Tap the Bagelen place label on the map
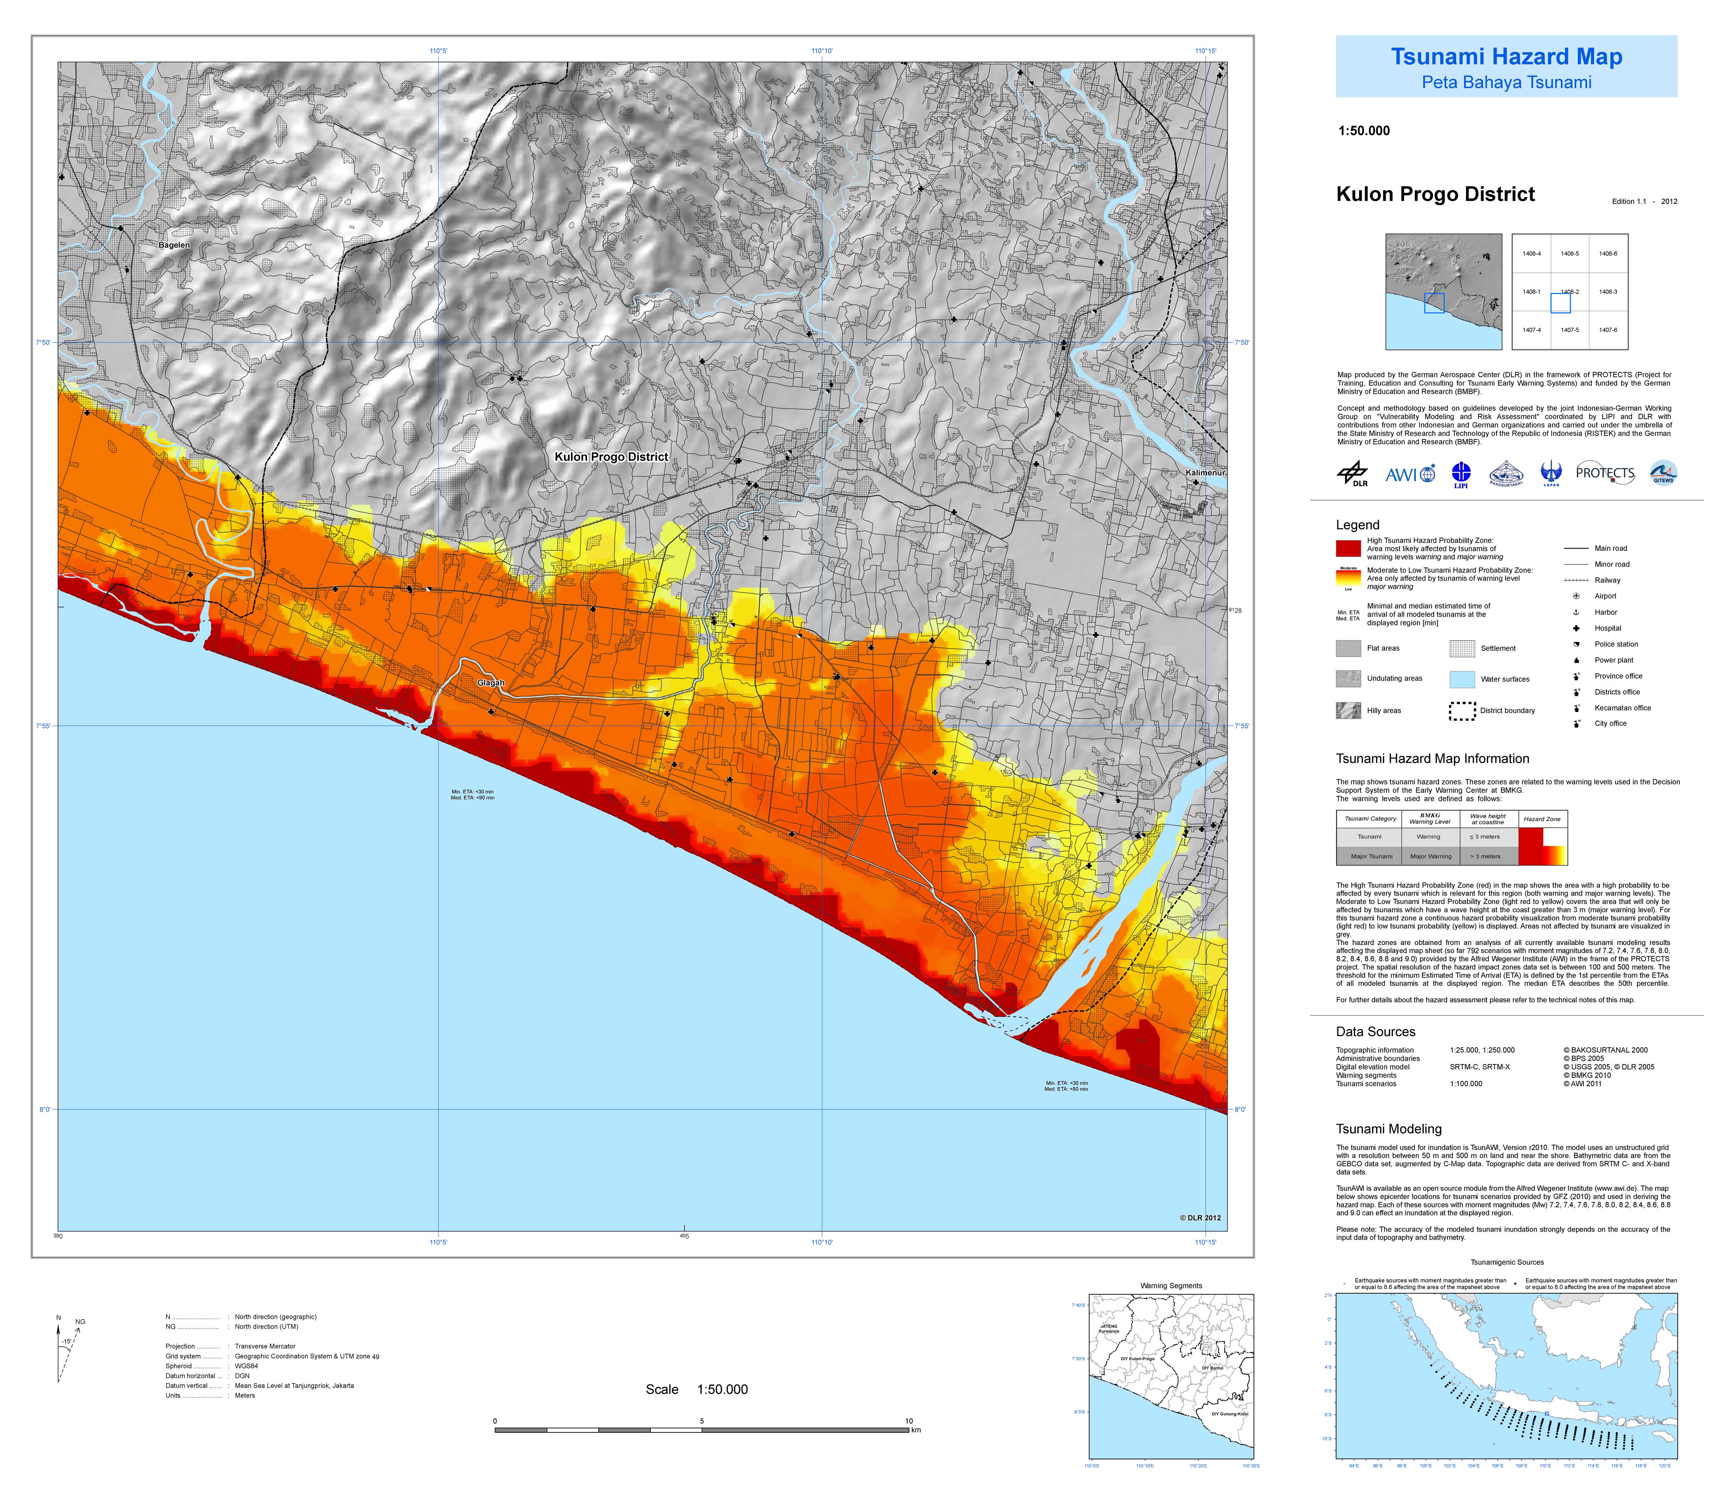174,245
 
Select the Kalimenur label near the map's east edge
1205,473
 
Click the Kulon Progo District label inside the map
611,457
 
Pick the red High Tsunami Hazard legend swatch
1348,548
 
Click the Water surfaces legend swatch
1462,679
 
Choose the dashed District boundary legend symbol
1462,711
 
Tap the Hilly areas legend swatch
1348,711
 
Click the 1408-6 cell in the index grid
1608,254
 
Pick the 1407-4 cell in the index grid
1531,330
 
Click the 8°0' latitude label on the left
43,1110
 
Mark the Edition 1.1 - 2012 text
1644,202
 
